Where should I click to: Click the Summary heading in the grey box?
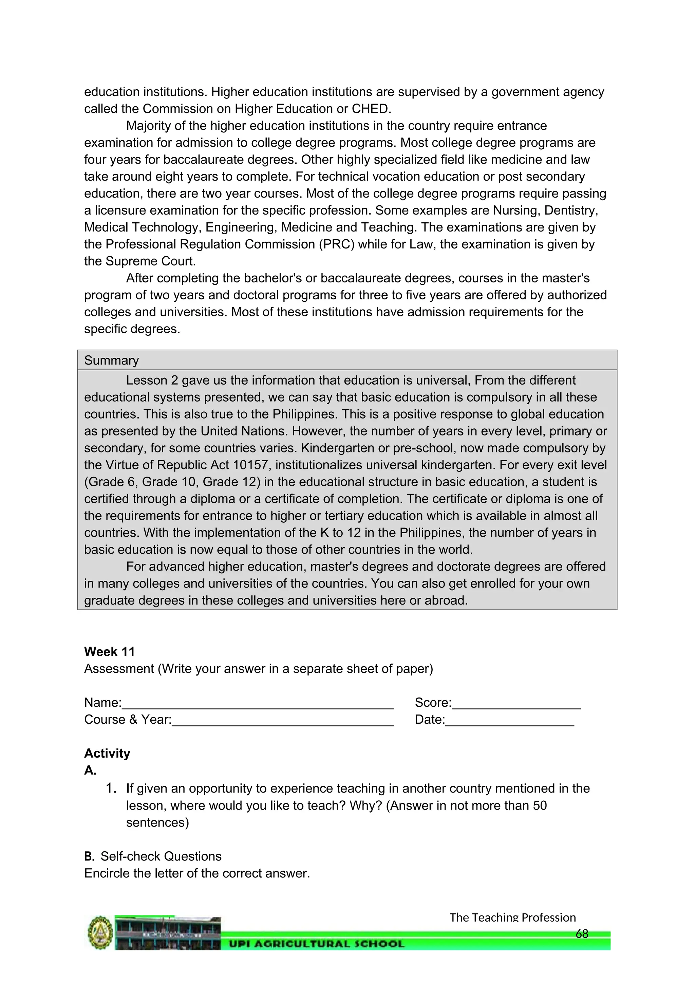pos(111,360)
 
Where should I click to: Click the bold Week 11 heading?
pos(110,652)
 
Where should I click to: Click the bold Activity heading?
pos(107,753)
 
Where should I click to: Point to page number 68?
pos(582,934)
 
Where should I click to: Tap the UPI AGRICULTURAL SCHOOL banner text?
pos(317,944)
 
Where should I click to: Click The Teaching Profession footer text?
pos(513,917)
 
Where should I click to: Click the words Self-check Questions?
pos(161,856)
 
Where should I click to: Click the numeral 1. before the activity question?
pos(111,788)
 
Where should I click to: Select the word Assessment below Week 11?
pos(119,669)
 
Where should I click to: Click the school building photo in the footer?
pos(168,933)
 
